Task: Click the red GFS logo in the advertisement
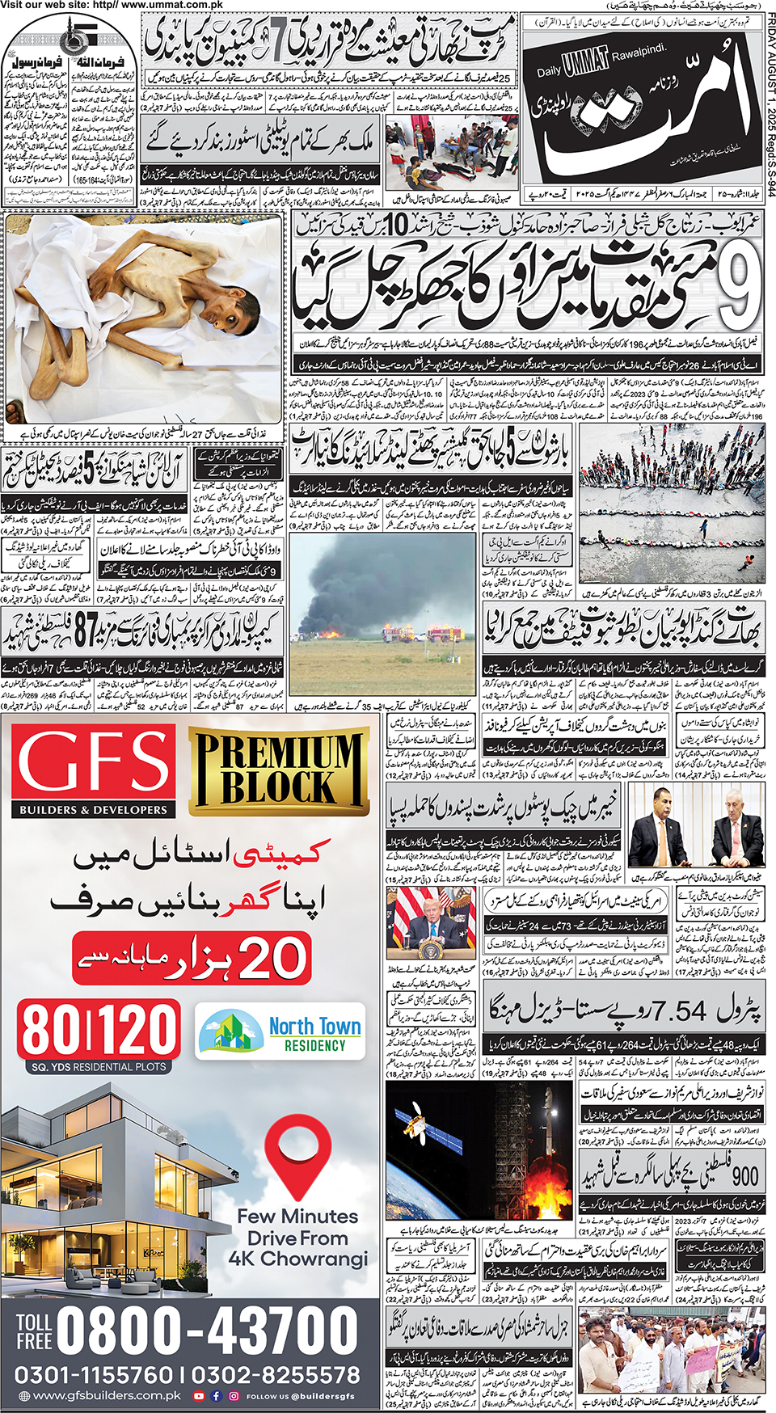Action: [x=94, y=764]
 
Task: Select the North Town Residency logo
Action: [x=281, y=1034]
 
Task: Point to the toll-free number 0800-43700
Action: [x=207, y=1330]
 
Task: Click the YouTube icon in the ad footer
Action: [x=199, y=1396]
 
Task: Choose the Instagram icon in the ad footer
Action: [x=234, y=1396]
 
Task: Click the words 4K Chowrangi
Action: [x=297, y=1259]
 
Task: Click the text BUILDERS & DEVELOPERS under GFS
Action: [x=93, y=809]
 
